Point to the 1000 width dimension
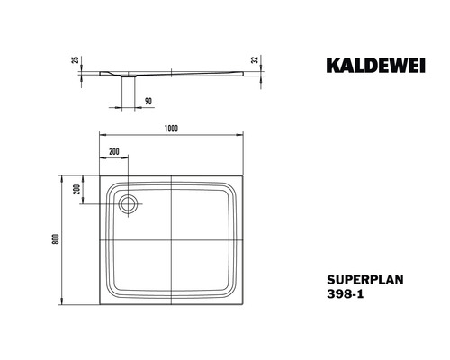(172, 127)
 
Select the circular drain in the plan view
(126, 203)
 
